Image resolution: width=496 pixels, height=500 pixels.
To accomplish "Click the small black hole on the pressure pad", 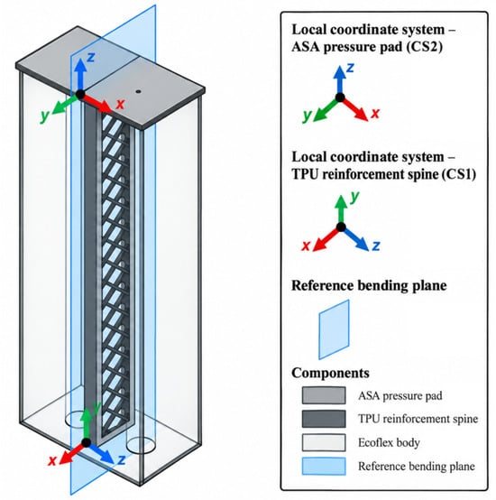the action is click(138, 91).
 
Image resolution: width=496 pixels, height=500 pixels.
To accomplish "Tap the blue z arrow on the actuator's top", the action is click(80, 76).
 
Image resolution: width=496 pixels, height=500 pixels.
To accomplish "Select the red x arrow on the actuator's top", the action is click(96, 103).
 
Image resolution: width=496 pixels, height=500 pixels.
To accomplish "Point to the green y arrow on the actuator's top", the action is click(66, 103).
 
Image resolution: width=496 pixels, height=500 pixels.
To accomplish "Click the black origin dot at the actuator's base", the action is click(86, 442).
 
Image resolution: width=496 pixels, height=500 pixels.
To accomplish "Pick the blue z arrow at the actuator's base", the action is click(100, 453).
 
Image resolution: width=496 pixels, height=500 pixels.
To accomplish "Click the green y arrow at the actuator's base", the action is click(86, 425).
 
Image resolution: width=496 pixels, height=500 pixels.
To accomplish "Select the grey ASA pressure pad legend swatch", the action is click(324, 395).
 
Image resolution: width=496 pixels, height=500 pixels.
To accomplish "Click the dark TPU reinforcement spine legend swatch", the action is click(324, 419).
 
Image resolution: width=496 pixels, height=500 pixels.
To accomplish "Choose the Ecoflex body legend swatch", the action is click(324, 442).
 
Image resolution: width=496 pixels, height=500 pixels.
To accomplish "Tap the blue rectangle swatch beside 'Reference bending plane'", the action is click(324, 467).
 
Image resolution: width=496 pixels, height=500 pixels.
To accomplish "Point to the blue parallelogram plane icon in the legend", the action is click(334, 329).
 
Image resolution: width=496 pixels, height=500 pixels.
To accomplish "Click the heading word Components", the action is click(330, 373).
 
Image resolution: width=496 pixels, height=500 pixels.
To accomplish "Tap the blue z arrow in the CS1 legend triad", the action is click(355, 239).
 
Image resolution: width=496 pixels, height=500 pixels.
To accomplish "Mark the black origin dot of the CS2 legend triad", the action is click(340, 97).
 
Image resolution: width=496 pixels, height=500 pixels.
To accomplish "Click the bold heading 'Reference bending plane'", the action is click(369, 285).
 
